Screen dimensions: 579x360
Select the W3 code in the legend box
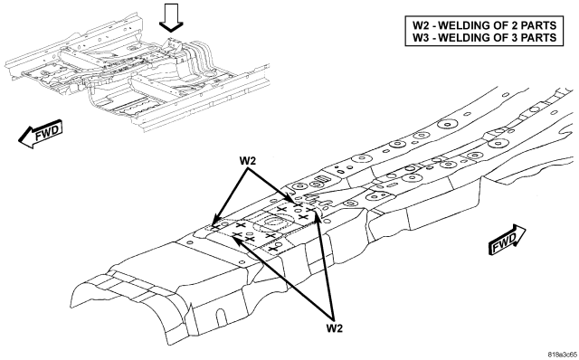click(x=421, y=37)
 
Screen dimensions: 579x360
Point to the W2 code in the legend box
click(x=421, y=25)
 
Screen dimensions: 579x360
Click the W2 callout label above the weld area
click(x=248, y=161)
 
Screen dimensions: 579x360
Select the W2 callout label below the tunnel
click(x=334, y=327)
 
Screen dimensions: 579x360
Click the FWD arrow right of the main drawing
click(x=507, y=240)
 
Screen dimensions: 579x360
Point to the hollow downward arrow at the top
click(x=171, y=17)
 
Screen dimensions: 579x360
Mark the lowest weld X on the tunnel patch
click(x=273, y=249)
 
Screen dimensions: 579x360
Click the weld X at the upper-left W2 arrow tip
click(x=215, y=227)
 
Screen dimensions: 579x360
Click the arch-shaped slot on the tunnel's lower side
click(x=221, y=317)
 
